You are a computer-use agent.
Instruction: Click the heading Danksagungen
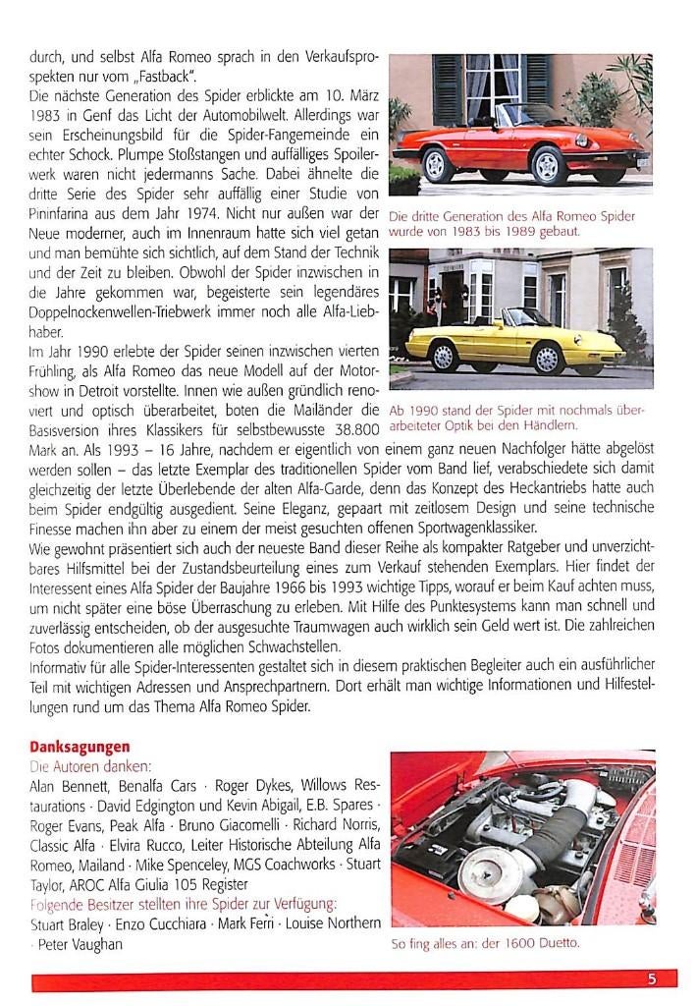tap(80, 747)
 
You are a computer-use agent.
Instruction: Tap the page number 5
tap(651, 978)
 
